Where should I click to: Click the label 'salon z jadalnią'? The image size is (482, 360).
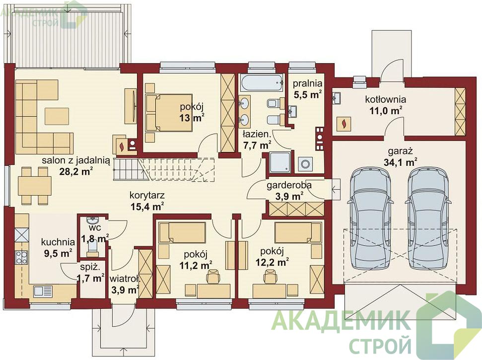pyautogui.click(x=76, y=160)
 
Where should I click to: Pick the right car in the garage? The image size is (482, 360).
pyautogui.click(x=428, y=218)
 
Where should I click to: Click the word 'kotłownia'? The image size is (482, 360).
pyautogui.click(x=386, y=99)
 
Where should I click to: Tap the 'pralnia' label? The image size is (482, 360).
pyautogui.click(x=307, y=83)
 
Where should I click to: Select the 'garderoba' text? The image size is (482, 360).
pyautogui.click(x=289, y=185)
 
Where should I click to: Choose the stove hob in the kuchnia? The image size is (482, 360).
pyautogui.click(x=21, y=257)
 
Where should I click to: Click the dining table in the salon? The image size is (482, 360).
pyautogui.click(x=34, y=186)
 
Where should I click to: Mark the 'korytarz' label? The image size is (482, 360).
pyautogui.click(x=147, y=195)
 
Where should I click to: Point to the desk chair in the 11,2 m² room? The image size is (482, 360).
pyautogui.click(x=213, y=276)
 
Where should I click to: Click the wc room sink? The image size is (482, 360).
pyautogui.click(x=92, y=220)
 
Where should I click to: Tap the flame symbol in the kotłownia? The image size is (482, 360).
pyautogui.click(x=344, y=124)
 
